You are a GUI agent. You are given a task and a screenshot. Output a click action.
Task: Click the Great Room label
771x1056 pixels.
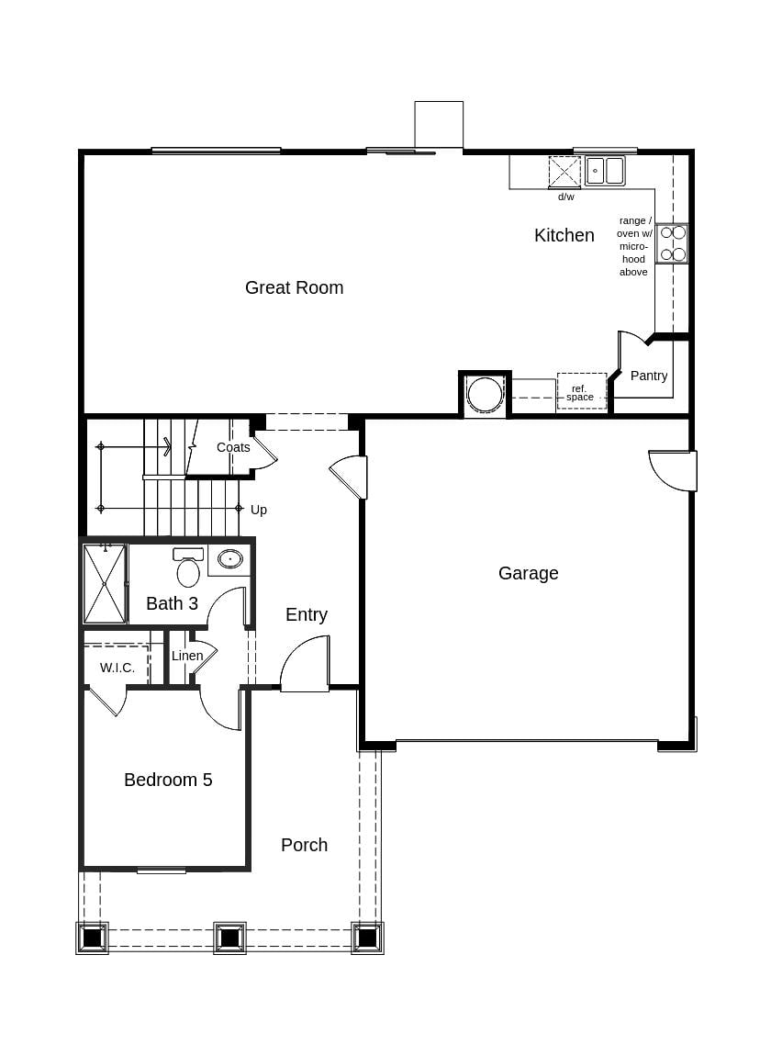(294, 287)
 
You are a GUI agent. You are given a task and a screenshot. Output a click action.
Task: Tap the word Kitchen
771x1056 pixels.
(564, 235)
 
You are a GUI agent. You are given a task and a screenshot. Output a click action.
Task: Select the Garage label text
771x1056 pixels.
(528, 573)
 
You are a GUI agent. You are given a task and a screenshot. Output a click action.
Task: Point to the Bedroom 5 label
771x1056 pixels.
(168, 780)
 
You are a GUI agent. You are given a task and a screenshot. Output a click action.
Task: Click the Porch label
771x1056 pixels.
(304, 845)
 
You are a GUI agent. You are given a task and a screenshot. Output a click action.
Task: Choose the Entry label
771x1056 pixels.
(306, 614)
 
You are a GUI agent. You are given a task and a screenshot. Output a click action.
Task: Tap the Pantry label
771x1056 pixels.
(648, 376)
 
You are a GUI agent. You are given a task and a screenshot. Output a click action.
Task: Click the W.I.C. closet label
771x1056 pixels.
(117, 668)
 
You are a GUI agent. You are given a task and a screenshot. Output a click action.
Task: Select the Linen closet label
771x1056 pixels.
(187, 656)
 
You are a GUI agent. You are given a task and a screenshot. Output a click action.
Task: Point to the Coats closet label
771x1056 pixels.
(233, 447)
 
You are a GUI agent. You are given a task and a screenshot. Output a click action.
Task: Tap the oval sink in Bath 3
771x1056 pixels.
(229, 558)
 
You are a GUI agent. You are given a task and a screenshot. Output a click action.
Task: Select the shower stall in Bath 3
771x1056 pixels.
(104, 584)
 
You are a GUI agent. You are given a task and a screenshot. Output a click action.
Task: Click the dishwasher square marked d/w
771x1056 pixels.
(564, 172)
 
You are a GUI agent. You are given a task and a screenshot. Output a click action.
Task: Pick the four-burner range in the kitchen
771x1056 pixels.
(673, 243)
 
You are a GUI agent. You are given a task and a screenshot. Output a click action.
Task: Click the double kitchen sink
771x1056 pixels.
(605, 171)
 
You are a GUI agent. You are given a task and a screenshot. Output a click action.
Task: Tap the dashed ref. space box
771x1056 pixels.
(581, 391)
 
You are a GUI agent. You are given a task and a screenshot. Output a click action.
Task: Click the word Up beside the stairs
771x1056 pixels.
(259, 510)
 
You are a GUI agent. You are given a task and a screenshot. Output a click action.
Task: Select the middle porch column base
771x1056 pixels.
(229, 938)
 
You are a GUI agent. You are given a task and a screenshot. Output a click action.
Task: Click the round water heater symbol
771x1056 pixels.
(484, 394)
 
